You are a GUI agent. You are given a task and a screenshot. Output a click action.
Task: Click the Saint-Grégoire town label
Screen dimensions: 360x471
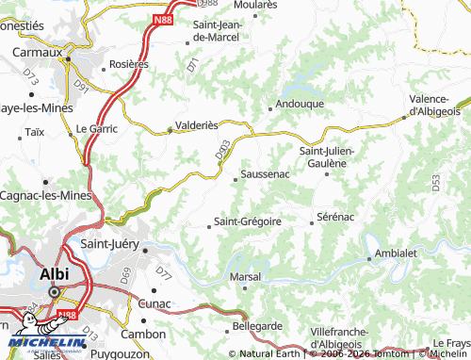coord(248,221)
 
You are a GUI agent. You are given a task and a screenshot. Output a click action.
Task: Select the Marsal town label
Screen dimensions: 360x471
coord(246,276)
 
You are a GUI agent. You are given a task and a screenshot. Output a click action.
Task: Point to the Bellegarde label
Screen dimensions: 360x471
coord(257,325)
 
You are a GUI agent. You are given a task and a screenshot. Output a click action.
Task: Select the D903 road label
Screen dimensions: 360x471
coord(221,151)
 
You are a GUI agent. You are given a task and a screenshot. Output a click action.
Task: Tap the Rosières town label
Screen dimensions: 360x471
coord(129,64)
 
